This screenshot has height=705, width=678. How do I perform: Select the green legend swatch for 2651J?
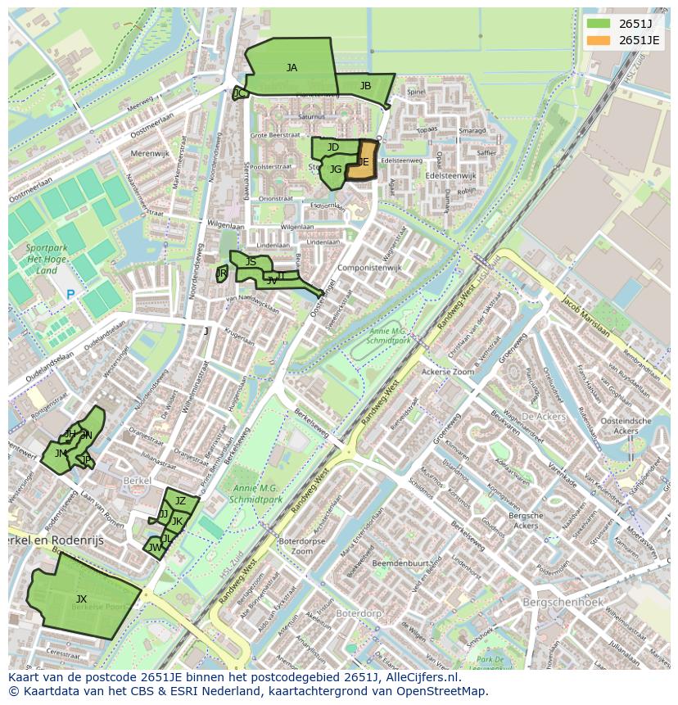pos(599,23)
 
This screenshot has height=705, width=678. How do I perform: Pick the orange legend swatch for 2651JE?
pos(599,39)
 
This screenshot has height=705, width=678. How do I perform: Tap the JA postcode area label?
pos(292,68)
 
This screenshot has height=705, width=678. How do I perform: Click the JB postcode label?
pos(365,86)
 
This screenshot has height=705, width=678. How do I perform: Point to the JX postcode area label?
pos(81,599)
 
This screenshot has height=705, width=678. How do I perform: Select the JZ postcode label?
pos(181,501)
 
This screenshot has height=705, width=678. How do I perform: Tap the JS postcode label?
pos(251,262)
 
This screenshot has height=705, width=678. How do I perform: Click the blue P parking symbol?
pos(70,295)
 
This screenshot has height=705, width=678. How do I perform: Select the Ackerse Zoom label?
pos(447,372)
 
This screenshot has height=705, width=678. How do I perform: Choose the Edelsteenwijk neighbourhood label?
pos(450,175)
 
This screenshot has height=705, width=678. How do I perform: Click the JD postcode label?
pos(332,147)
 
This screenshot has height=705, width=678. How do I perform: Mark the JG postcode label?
pos(335,169)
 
